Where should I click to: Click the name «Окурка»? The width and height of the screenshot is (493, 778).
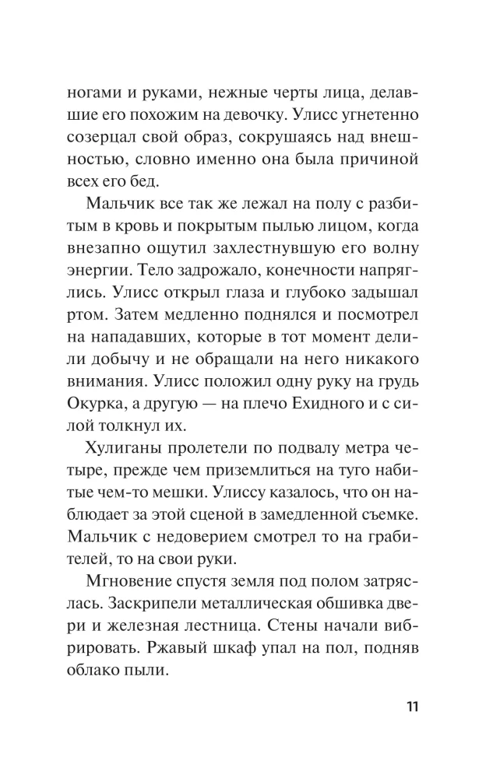pos(102,417)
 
